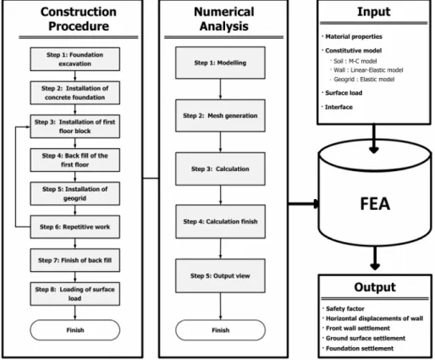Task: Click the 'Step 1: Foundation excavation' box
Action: (x=75, y=59)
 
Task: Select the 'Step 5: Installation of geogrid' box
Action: (x=75, y=193)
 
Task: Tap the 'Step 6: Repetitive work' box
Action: (x=75, y=227)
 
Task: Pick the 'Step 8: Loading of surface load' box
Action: (x=75, y=294)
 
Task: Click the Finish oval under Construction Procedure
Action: (x=75, y=330)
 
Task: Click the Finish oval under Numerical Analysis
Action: (x=220, y=330)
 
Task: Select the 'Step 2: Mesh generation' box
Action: (x=220, y=115)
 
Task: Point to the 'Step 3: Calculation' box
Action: (x=220, y=169)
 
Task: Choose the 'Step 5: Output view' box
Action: (x=220, y=275)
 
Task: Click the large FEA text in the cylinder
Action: (x=375, y=204)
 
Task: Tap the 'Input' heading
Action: (x=374, y=12)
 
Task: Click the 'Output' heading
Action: (x=375, y=287)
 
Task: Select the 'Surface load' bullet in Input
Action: (x=344, y=93)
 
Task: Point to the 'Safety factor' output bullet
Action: (x=344, y=308)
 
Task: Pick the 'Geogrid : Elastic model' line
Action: (x=364, y=80)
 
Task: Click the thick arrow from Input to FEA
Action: (x=374, y=139)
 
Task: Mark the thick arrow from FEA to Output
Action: (x=375, y=258)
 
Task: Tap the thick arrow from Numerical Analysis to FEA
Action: (x=304, y=203)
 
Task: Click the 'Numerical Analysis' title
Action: (x=224, y=19)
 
